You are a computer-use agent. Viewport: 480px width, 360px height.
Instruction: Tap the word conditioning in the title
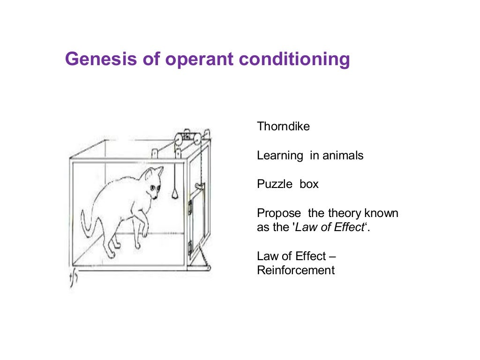(294, 60)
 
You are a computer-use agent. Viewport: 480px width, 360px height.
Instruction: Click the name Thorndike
(283, 127)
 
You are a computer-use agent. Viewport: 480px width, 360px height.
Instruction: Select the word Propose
(278, 213)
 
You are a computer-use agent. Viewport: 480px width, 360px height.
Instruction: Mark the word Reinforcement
(296, 270)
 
